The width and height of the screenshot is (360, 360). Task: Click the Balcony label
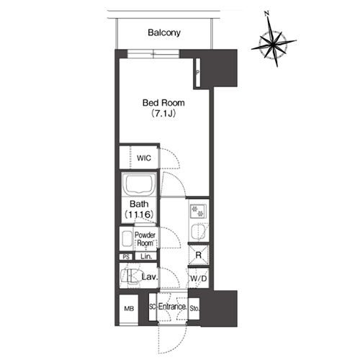pyautogui.click(x=164, y=32)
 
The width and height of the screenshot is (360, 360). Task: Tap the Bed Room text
pyautogui.click(x=163, y=103)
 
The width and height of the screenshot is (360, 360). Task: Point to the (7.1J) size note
pyautogui.click(x=163, y=113)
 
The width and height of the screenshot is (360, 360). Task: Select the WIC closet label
pyautogui.click(x=144, y=158)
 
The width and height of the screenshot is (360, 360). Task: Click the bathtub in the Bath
pyautogui.click(x=139, y=184)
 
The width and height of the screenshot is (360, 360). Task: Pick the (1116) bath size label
pyautogui.click(x=139, y=214)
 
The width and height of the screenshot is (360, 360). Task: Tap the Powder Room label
pyautogui.click(x=145, y=239)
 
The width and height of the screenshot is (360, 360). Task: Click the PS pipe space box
pyautogui.click(x=126, y=257)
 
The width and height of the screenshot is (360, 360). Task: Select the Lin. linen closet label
pyautogui.click(x=146, y=256)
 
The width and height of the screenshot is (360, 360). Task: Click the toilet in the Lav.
pyautogui.click(x=131, y=275)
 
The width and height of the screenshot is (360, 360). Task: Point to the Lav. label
pyautogui.click(x=150, y=277)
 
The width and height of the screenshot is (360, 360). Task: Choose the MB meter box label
pyautogui.click(x=129, y=309)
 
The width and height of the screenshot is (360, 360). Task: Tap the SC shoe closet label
pyautogui.click(x=153, y=307)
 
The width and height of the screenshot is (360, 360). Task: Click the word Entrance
pyautogui.click(x=172, y=307)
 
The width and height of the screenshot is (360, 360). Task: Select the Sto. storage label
pyautogui.click(x=194, y=308)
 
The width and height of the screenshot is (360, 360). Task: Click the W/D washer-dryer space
pyautogui.click(x=199, y=279)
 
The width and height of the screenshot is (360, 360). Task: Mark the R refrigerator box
pyautogui.click(x=199, y=255)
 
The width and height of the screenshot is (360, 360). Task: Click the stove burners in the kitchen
pyautogui.click(x=198, y=211)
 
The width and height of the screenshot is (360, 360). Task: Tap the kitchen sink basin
pyautogui.click(x=198, y=232)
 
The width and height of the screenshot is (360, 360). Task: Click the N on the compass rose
pyautogui.click(x=266, y=14)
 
